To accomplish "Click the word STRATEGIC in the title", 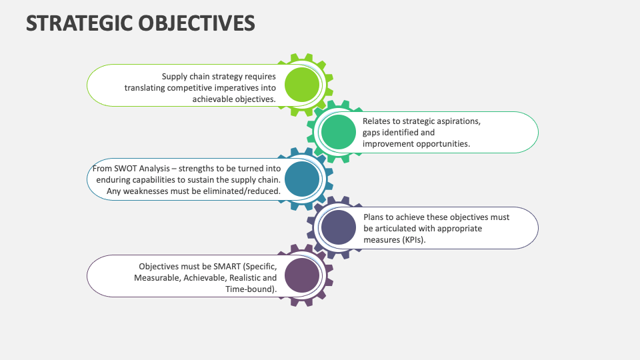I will click(79, 23).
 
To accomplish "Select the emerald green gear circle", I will click(338, 132).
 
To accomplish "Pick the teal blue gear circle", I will click(302, 179).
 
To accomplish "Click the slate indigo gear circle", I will click(338, 227).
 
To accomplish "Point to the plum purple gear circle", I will click(302, 275).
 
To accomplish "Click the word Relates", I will click(377, 121).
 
